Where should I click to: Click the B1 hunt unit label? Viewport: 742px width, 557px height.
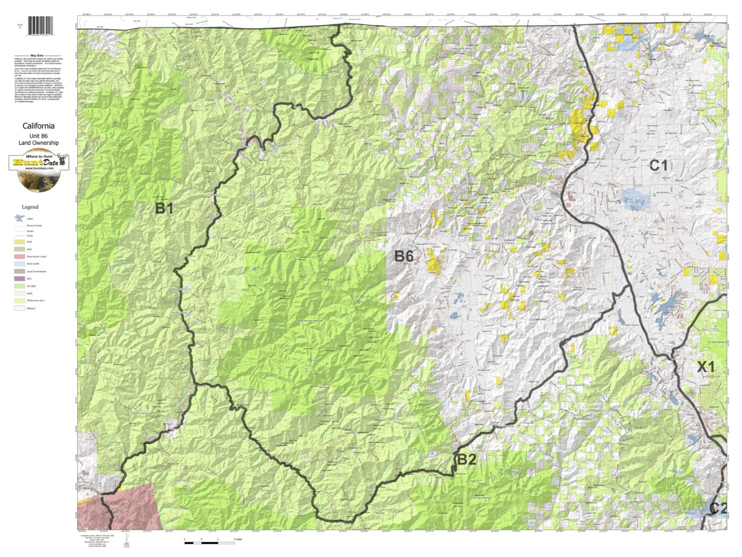click(164, 208)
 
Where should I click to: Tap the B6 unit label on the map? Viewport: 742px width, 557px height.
click(404, 256)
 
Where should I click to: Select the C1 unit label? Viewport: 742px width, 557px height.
click(659, 165)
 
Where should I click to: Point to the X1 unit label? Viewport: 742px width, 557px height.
click(706, 367)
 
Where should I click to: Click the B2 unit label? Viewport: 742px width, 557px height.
click(466, 459)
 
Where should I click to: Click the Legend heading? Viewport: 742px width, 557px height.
click(30, 207)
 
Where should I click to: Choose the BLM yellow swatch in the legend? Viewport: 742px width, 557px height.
click(20, 241)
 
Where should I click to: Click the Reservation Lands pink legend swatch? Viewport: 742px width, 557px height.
click(20, 256)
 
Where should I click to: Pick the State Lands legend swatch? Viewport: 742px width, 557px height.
click(20, 264)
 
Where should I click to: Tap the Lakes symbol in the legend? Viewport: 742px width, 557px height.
click(19, 218)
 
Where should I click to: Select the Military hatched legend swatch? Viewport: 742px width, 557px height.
click(20, 309)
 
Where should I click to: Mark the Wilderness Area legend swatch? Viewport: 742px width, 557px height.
click(20, 301)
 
